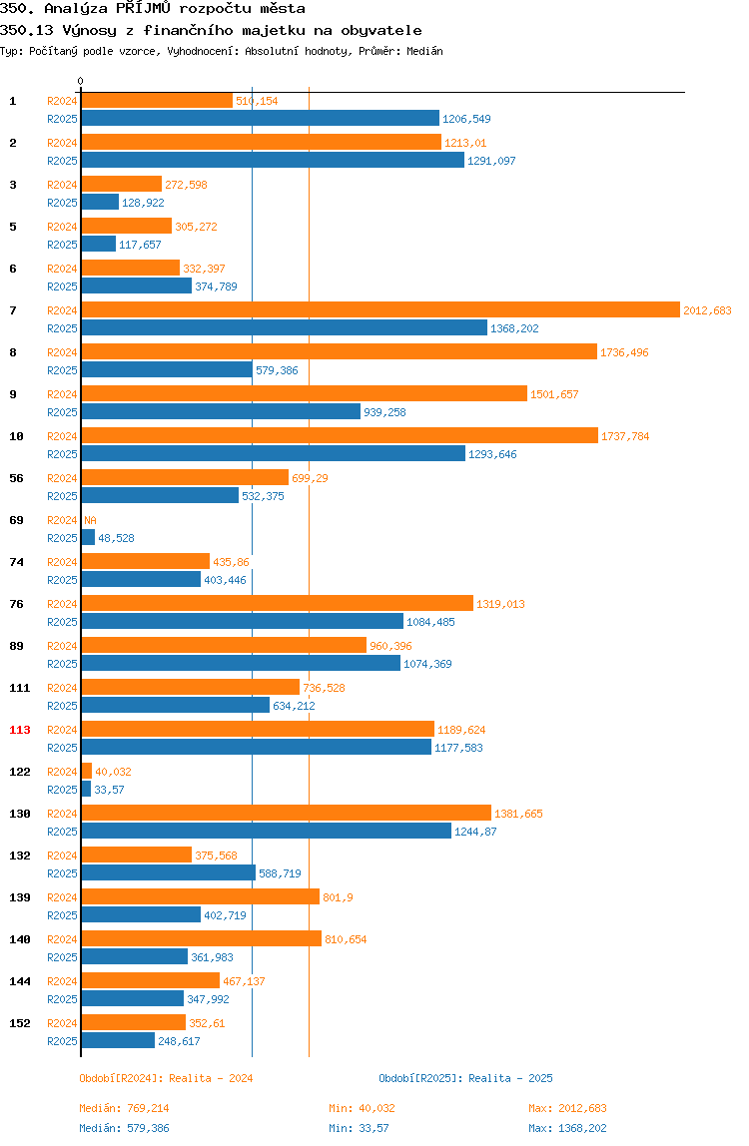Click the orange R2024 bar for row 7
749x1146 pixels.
(x=380, y=309)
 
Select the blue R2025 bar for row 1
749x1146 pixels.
(x=261, y=119)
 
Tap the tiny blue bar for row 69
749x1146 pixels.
(x=88, y=537)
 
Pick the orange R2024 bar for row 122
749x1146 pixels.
(x=86, y=771)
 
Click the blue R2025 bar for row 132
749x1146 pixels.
(x=168, y=872)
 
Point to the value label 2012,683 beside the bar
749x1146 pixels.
(x=707, y=310)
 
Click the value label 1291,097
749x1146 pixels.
(x=491, y=161)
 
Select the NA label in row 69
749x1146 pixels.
(x=90, y=520)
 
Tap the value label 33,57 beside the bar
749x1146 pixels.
(x=109, y=790)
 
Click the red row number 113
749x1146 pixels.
(x=20, y=730)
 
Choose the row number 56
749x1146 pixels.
(x=16, y=479)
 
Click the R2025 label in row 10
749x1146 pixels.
(x=62, y=454)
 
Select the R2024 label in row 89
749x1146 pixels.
(x=62, y=646)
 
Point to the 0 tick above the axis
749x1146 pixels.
(x=81, y=81)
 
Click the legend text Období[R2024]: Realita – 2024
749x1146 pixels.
(x=166, y=1079)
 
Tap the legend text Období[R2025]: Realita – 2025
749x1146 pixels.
(x=466, y=1079)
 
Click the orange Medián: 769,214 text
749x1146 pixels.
(x=125, y=1109)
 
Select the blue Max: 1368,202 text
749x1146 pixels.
(x=567, y=1128)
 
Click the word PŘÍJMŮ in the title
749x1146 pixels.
(x=144, y=9)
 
